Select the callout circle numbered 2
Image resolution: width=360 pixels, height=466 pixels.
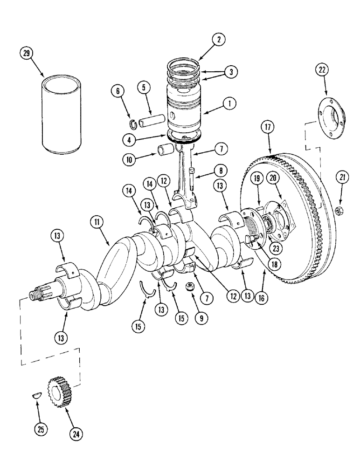(217, 40)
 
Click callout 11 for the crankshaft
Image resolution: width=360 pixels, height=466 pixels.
(97, 223)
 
